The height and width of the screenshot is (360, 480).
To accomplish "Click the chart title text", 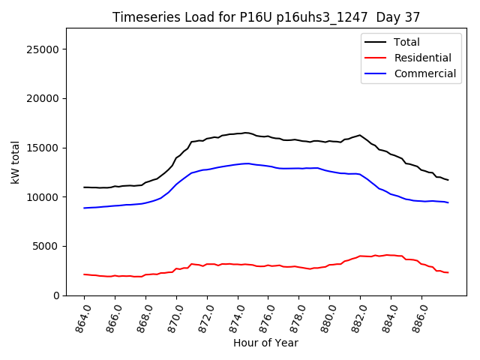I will click(265, 17).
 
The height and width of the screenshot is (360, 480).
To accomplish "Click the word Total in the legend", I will click(407, 42).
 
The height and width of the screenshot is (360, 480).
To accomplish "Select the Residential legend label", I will click(423, 58).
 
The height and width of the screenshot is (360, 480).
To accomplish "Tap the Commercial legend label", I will click(425, 73).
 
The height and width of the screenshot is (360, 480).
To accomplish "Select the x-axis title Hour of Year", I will click(265, 343).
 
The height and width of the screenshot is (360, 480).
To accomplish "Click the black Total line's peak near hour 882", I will click(360, 135).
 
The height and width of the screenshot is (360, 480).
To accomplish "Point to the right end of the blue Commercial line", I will click(448, 202).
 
